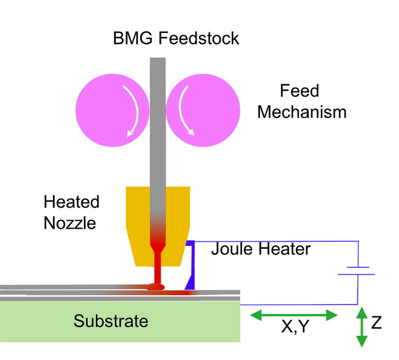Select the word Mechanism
click(302, 112)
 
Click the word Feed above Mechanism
click(300, 91)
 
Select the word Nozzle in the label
click(70, 223)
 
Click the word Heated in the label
click(71, 202)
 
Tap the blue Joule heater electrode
click(190, 268)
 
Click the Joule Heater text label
click(260, 248)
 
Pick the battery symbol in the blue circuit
click(357, 271)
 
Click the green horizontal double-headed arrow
click(294, 315)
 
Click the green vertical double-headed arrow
click(362, 326)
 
